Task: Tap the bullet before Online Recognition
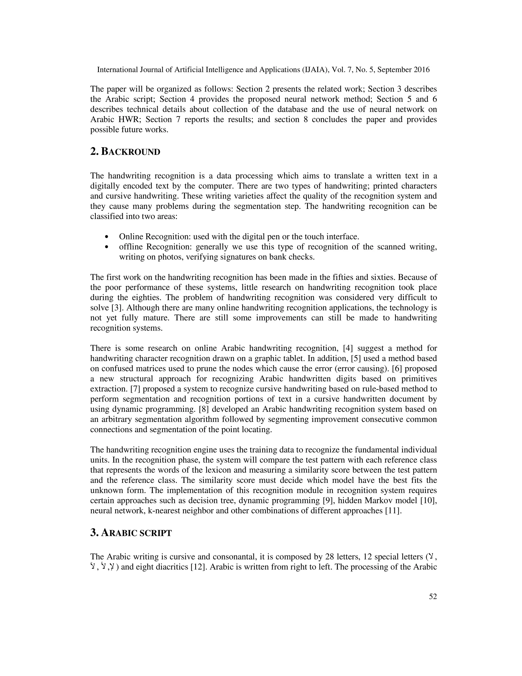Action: pyautogui.click(x=107, y=237)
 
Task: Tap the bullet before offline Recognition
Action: pyautogui.click(x=107, y=247)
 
